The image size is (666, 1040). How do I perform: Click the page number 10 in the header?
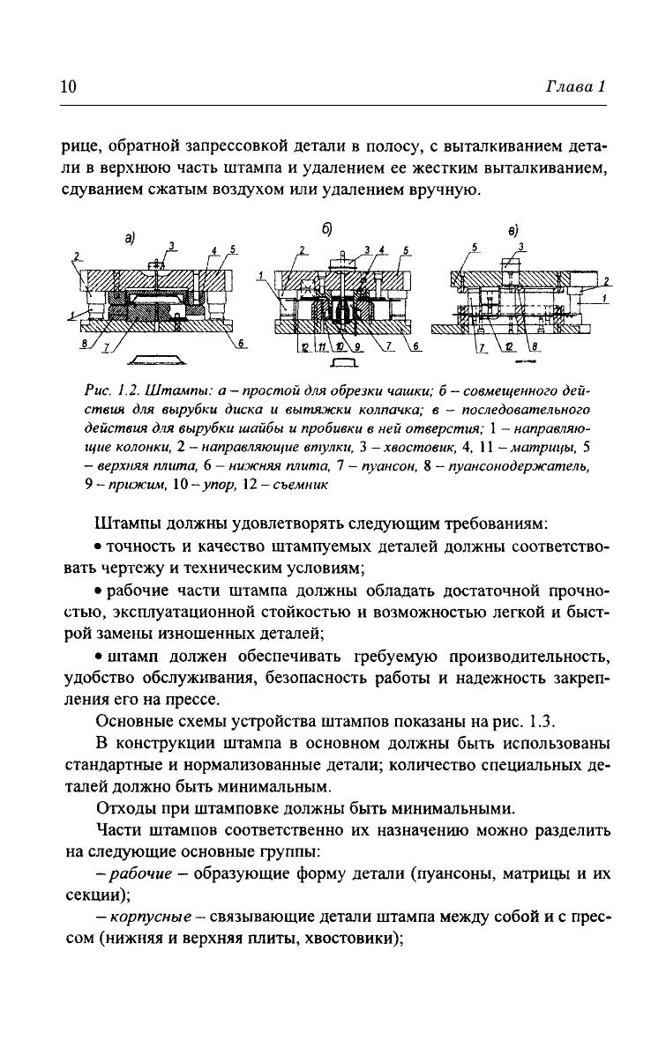click(69, 86)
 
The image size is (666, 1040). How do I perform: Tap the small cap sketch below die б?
click(341, 361)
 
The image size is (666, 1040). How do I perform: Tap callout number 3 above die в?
click(522, 247)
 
